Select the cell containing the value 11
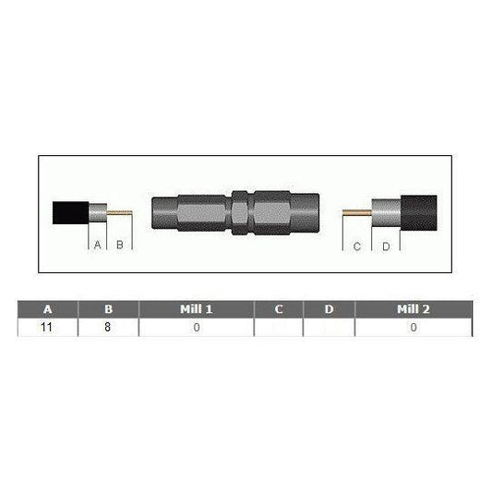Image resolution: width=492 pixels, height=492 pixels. [x=48, y=327]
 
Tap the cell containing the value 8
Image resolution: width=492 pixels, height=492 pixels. [x=108, y=327]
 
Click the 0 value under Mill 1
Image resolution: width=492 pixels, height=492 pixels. [x=196, y=327]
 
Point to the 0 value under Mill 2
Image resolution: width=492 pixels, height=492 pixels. [x=413, y=327]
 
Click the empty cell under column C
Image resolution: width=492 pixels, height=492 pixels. [x=279, y=327]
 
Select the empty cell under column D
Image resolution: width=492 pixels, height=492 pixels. [x=329, y=327]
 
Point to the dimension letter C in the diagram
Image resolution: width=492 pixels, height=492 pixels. [x=356, y=245]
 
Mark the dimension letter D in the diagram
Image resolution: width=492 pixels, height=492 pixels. [x=385, y=245]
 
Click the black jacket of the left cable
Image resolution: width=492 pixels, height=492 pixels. [x=69, y=213]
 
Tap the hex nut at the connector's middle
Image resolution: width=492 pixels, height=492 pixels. [x=239, y=215]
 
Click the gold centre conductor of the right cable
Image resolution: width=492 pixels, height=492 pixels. [x=355, y=214]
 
